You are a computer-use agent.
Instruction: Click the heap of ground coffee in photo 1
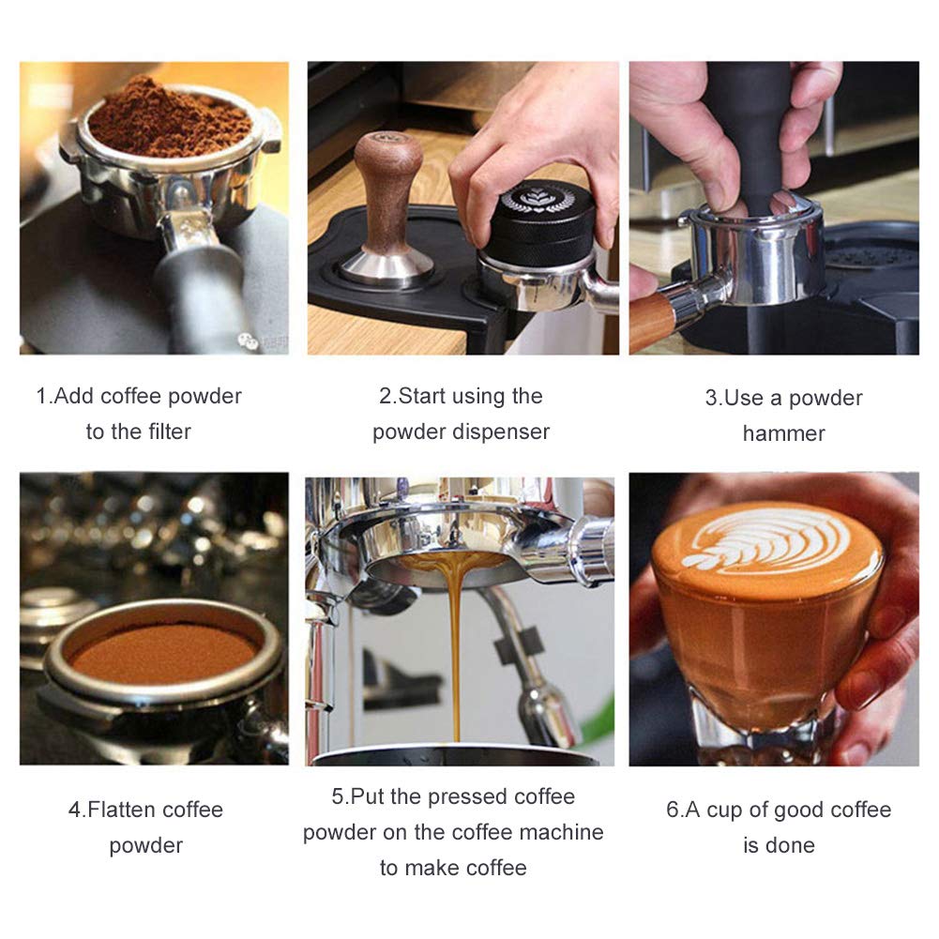170,119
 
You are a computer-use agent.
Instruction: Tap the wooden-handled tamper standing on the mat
386,209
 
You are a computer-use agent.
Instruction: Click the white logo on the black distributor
538,200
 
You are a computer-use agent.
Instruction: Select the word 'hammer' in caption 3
783,433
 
